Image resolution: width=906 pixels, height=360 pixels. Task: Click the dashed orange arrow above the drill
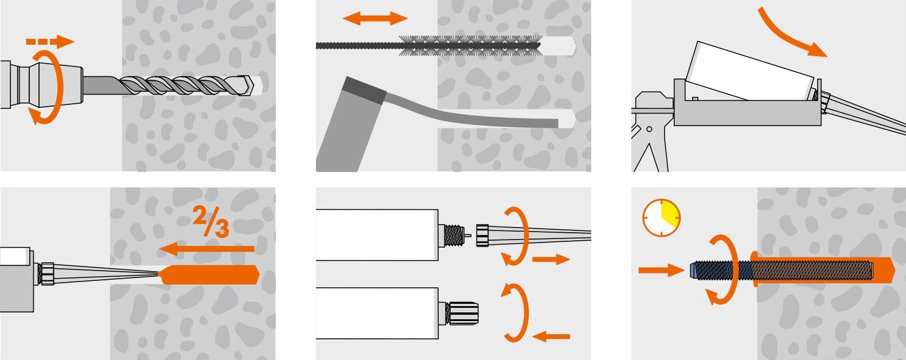pos(50,41)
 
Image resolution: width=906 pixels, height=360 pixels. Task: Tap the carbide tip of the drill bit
pos(247,85)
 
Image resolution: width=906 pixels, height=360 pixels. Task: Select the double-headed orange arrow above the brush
pos(376,18)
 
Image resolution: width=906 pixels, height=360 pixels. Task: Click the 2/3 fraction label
pos(210,221)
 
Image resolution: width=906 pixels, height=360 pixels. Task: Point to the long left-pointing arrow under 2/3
pos(207,249)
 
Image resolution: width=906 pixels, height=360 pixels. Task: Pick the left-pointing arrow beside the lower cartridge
pos(551,336)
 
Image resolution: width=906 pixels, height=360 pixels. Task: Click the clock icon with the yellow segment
pos(661,217)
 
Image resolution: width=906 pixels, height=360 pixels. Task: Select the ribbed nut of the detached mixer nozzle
pos(483,236)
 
